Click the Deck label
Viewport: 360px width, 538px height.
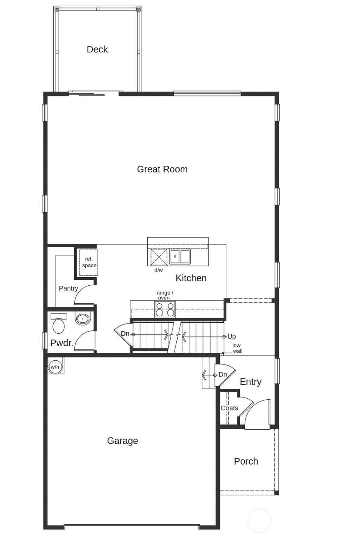click(97, 49)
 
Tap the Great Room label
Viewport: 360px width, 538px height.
click(162, 169)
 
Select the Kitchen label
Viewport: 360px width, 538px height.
click(191, 278)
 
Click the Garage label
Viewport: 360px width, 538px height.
click(122, 441)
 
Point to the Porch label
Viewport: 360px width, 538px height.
click(246, 461)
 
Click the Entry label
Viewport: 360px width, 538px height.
click(250, 382)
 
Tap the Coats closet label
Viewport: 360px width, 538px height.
click(229, 408)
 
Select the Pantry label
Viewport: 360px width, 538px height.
click(68, 288)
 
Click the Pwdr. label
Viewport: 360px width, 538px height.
click(62, 343)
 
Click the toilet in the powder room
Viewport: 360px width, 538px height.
click(58, 324)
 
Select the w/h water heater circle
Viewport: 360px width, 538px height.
click(55, 367)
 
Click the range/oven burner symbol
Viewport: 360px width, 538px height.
click(165, 309)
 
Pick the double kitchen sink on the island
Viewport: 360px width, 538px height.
click(180, 257)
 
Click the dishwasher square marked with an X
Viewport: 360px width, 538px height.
click(159, 257)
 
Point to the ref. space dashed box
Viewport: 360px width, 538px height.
click(89, 262)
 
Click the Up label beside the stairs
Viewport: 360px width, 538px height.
click(231, 336)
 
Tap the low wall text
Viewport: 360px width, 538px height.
click(237, 348)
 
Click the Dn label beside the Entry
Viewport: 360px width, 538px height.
click(223, 375)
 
